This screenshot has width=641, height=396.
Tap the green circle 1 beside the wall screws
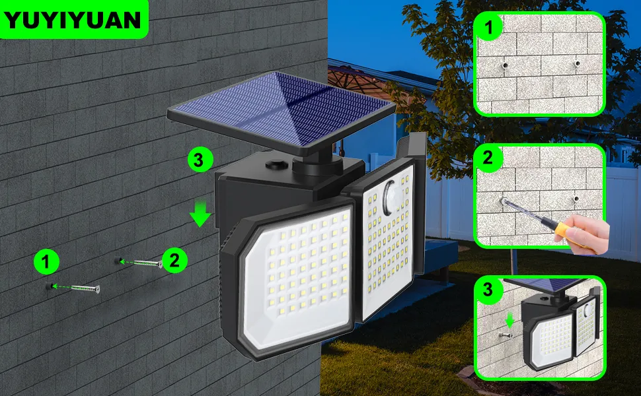[x=46, y=263]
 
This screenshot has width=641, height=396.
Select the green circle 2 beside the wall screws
[x=174, y=259]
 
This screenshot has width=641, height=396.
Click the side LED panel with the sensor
[x=387, y=244]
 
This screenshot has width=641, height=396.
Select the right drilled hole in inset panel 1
[x=577, y=65]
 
